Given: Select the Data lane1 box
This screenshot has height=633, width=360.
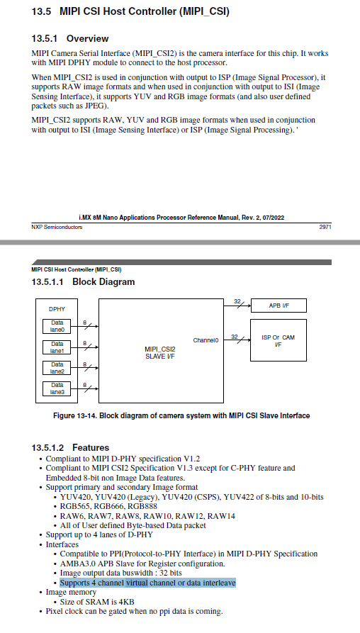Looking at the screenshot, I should pyautogui.click(x=57, y=347).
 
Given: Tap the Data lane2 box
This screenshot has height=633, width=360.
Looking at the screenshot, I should pyautogui.click(x=57, y=368).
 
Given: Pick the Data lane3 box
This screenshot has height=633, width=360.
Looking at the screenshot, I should pyautogui.click(x=57, y=388).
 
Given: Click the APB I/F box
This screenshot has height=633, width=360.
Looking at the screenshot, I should pyautogui.click(x=279, y=306).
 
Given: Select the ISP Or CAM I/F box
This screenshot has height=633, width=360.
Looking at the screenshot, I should pyautogui.click(x=278, y=340).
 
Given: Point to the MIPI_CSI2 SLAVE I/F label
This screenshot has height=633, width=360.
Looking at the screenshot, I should pyautogui.click(x=159, y=352).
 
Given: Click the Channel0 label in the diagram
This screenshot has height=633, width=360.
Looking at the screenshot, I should pyautogui.click(x=206, y=340).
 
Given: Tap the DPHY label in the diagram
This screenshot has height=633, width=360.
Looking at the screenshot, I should pyautogui.click(x=57, y=309).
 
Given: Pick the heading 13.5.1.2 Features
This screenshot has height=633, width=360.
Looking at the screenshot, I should pyautogui.click(x=70, y=447).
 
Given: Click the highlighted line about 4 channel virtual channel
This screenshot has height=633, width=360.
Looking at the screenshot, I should pyautogui.click(x=147, y=583).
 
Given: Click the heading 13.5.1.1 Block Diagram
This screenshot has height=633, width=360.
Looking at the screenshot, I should pyautogui.click(x=83, y=282).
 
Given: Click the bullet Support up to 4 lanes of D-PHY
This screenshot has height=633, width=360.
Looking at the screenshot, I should pyautogui.click(x=99, y=534).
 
